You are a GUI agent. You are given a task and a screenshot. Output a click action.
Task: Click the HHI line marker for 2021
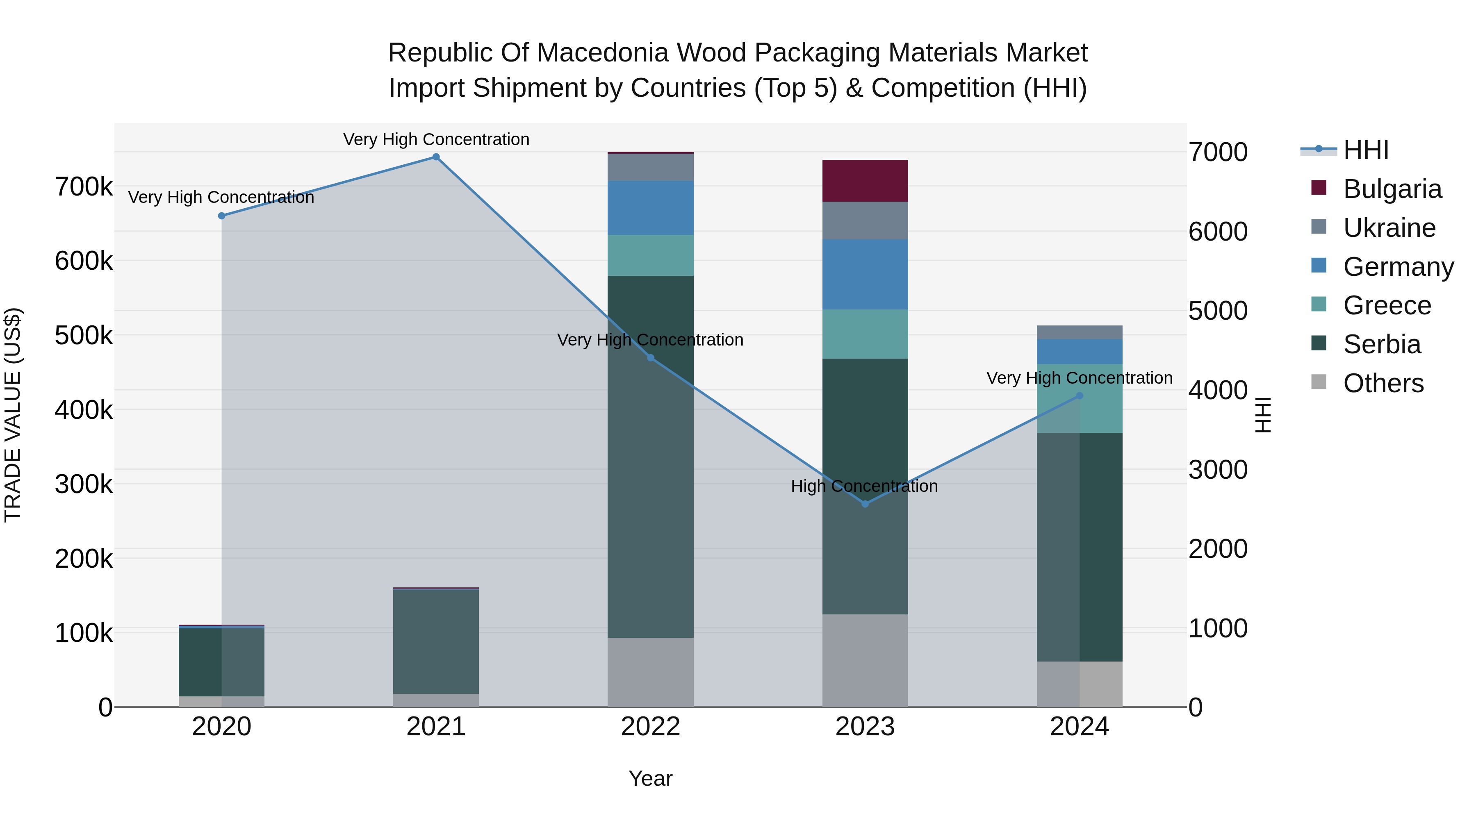click(436, 157)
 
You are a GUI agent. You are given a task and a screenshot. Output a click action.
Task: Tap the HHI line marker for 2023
click(865, 504)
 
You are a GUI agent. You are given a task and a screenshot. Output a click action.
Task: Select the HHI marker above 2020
click(222, 216)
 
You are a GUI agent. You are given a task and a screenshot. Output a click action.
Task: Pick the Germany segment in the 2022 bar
click(650, 208)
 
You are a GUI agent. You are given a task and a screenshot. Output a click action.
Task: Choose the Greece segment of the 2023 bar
click(865, 334)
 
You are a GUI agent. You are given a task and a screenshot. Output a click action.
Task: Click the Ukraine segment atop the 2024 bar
click(1080, 332)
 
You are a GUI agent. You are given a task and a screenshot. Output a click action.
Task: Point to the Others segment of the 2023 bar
click(865, 660)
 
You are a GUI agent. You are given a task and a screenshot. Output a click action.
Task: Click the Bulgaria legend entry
click(1392, 189)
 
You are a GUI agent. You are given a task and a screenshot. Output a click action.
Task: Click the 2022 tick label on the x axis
click(650, 727)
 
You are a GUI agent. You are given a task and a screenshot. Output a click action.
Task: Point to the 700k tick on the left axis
click(84, 187)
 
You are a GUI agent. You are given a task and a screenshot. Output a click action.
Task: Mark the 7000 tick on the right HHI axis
click(1218, 152)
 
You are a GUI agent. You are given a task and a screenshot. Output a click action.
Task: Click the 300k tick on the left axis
click(84, 484)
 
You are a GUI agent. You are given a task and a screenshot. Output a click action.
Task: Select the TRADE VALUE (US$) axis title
click(13, 415)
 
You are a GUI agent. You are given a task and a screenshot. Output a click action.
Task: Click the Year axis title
click(650, 778)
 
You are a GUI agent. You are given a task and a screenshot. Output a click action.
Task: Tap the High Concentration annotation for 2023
click(864, 486)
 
